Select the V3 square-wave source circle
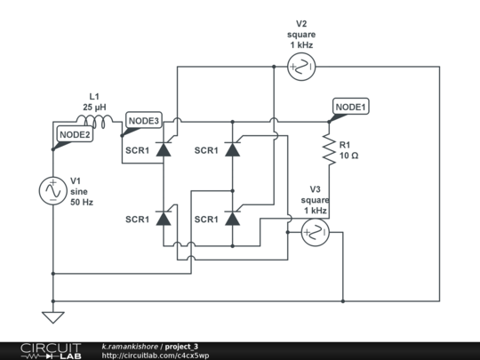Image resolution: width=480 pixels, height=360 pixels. pyautogui.click(x=314, y=233)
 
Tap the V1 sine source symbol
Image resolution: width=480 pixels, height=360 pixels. pyautogui.click(x=52, y=189)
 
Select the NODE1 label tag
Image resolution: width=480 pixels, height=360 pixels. pyautogui.click(x=349, y=107)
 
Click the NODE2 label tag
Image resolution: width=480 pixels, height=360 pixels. pyautogui.click(x=74, y=134)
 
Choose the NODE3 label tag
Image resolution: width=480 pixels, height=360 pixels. pyautogui.click(x=142, y=121)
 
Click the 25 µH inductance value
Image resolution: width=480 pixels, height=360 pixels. pyautogui.click(x=94, y=107)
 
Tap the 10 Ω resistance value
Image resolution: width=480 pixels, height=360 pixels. pyautogui.click(x=348, y=156)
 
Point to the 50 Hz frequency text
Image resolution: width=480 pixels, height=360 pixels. pyautogui.click(x=82, y=202)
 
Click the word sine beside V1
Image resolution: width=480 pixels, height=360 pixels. pyautogui.click(x=79, y=190)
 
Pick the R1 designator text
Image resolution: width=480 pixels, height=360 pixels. pyautogui.click(x=345, y=144)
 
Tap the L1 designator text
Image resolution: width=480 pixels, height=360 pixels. pyautogui.click(x=93, y=96)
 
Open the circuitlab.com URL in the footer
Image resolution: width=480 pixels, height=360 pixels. pyautogui.click(x=156, y=355)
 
